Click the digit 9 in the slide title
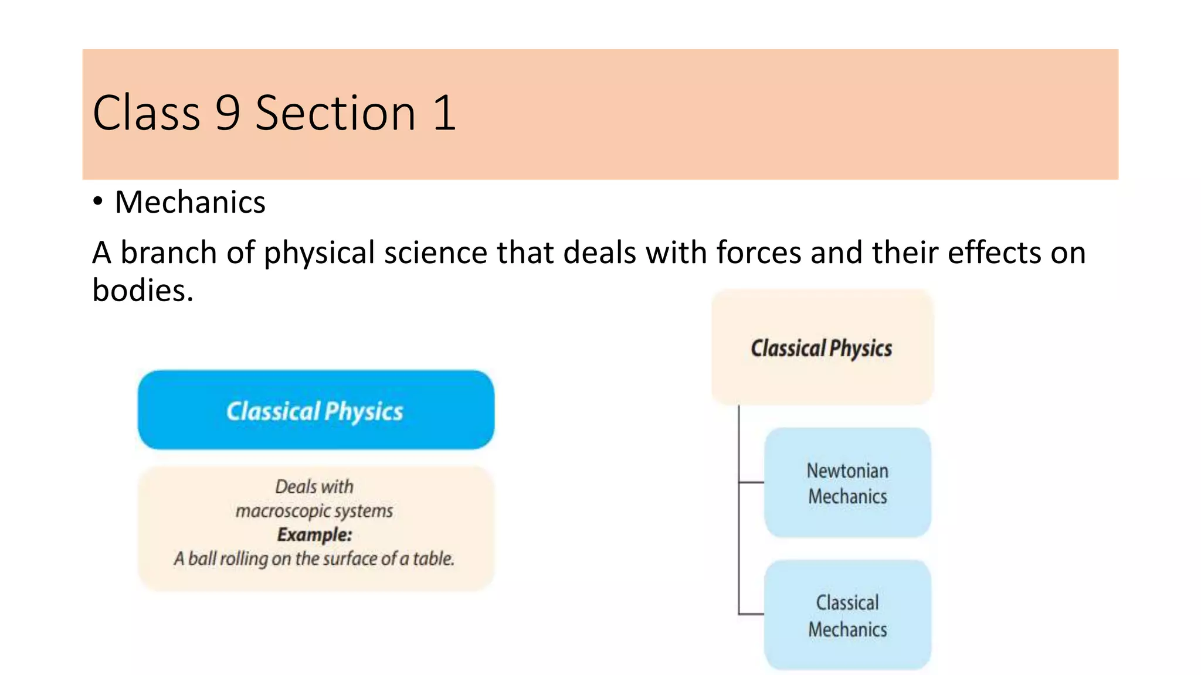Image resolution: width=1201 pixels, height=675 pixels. pos(228,112)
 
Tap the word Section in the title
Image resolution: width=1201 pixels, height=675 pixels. pos(335,112)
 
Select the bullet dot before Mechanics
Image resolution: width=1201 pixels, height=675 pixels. pos(98,201)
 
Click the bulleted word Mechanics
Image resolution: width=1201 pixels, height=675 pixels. pos(190,202)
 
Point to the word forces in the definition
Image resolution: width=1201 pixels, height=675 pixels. pos(758,253)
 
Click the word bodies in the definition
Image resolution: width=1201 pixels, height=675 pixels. pos(142,290)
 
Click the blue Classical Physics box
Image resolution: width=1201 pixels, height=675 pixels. pos(315,410)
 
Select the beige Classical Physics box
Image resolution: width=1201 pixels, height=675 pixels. pos(822,347)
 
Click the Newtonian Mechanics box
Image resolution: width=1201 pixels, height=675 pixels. pos(847,483)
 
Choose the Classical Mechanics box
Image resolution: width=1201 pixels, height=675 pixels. pos(847,615)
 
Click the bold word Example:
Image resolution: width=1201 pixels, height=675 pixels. pos(315,534)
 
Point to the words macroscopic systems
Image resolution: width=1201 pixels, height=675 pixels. pos(314,510)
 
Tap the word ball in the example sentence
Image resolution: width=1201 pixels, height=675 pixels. pos(202,558)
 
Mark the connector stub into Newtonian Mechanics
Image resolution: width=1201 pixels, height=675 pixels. pos(751,482)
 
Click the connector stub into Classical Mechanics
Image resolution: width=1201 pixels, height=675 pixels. pos(751,614)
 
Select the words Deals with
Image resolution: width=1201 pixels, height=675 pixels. pos(314,486)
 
